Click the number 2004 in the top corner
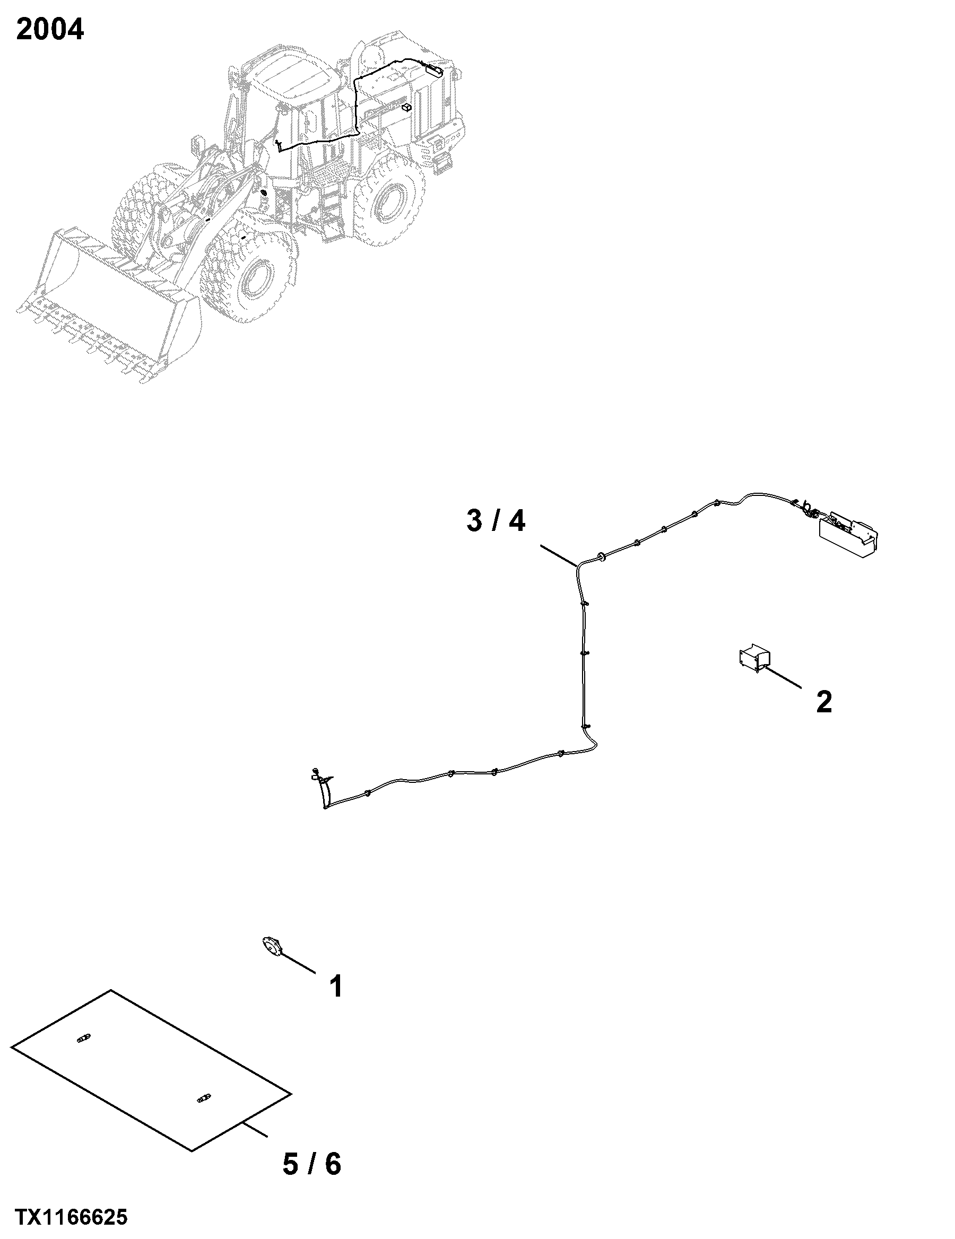[50, 30]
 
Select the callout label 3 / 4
[496, 520]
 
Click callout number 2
[824, 702]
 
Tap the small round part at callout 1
[273, 947]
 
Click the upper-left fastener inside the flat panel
[83, 1039]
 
